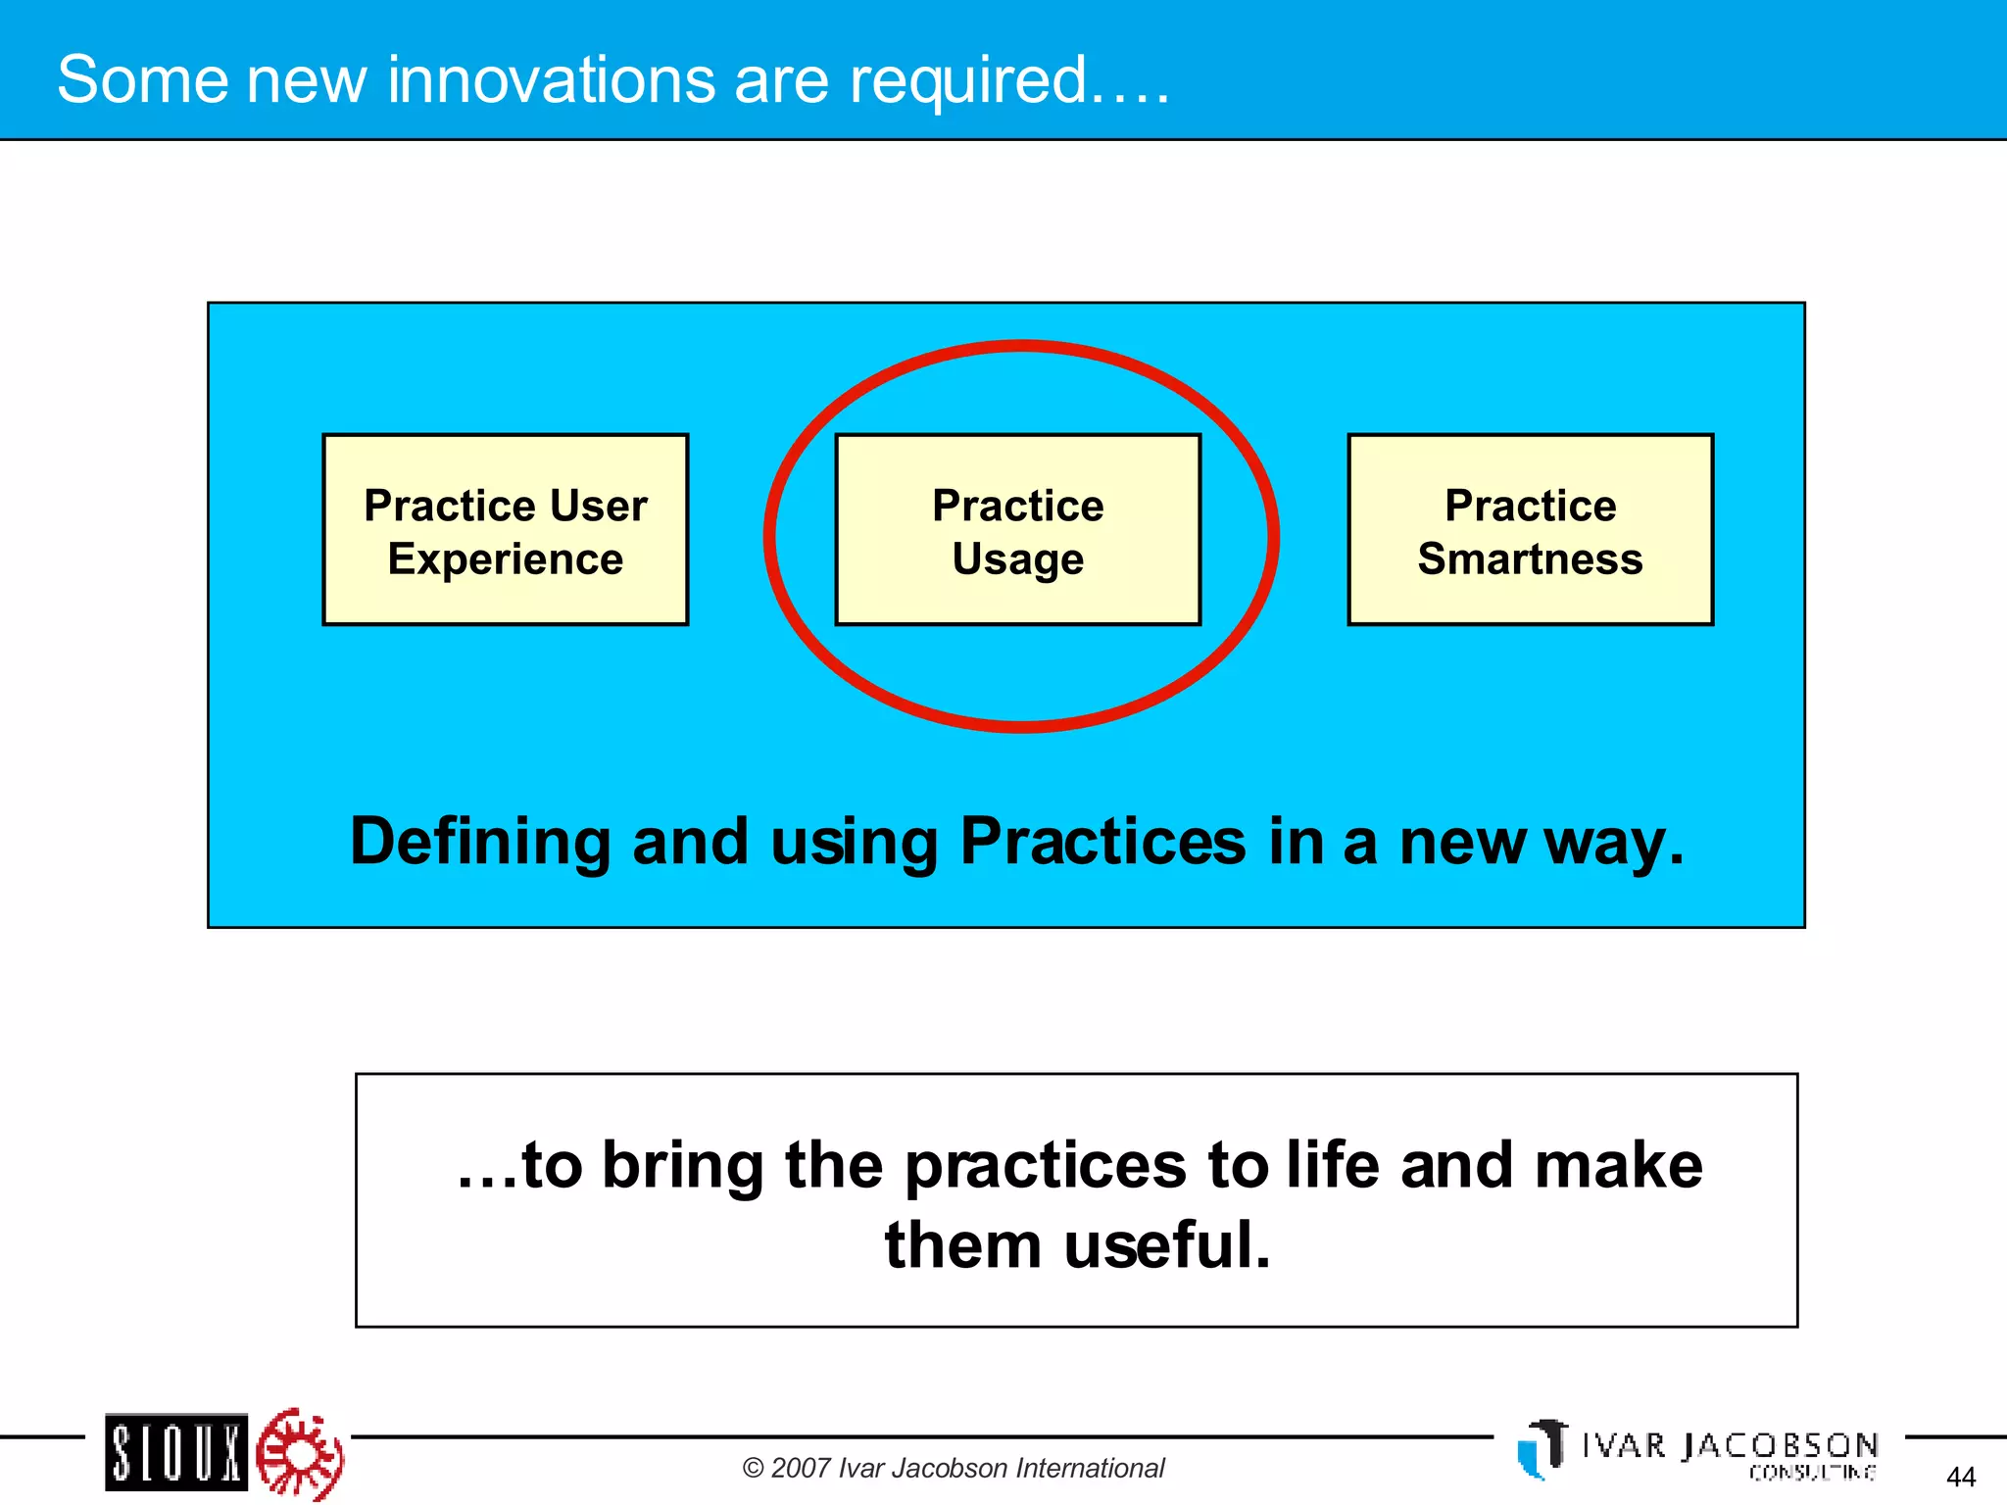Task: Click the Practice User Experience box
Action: (x=505, y=529)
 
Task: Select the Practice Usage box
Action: (x=1017, y=529)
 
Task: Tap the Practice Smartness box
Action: (x=1530, y=529)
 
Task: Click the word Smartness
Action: (x=1530, y=558)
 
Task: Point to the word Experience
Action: (x=505, y=558)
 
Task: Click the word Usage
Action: (x=1017, y=559)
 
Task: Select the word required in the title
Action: (x=968, y=80)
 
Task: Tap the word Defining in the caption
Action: (x=480, y=843)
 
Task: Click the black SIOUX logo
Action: (x=176, y=1452)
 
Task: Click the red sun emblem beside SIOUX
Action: (x=299, y=1453)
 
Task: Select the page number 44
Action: (x=1960, y=1477)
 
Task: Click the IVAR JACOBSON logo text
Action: (x=1730, y=1445)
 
